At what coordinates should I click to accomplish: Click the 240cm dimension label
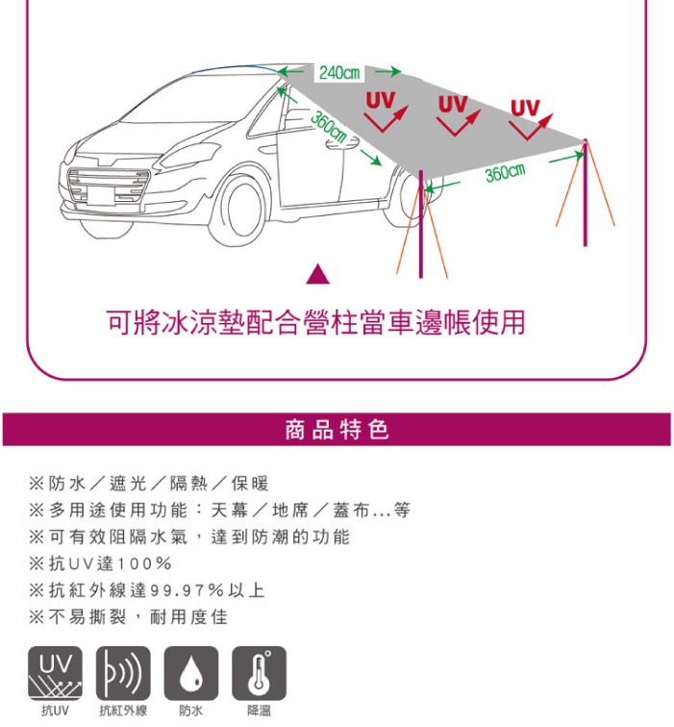[x=339, y=73]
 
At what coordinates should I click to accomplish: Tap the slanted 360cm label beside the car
[x=329, y=127]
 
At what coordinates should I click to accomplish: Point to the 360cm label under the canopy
[x=506, y=172]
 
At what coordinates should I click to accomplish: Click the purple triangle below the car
[x=318, y=274]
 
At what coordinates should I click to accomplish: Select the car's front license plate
[x=101, y=195]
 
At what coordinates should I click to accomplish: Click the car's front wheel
[x=239, y=208]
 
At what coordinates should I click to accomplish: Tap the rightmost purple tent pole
[x=585, y=192]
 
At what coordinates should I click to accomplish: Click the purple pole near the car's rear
[x=421, y=224]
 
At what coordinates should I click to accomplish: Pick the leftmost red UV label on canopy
[x=381, y=101]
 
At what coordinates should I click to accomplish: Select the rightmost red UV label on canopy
[x=525, y=108]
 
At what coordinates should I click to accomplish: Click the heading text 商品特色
[x=337, y=429]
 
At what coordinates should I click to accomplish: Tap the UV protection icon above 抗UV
[x=55, y=673]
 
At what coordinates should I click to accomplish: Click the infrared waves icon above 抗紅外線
[x=123, y=673]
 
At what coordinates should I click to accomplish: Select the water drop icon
[x=191, y=673]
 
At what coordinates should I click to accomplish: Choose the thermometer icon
[x=260, y=673]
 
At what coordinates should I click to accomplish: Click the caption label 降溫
[x=260, y=711]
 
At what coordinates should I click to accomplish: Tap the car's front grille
[x=108, y=186]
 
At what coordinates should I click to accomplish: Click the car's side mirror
[x=342, y=142]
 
